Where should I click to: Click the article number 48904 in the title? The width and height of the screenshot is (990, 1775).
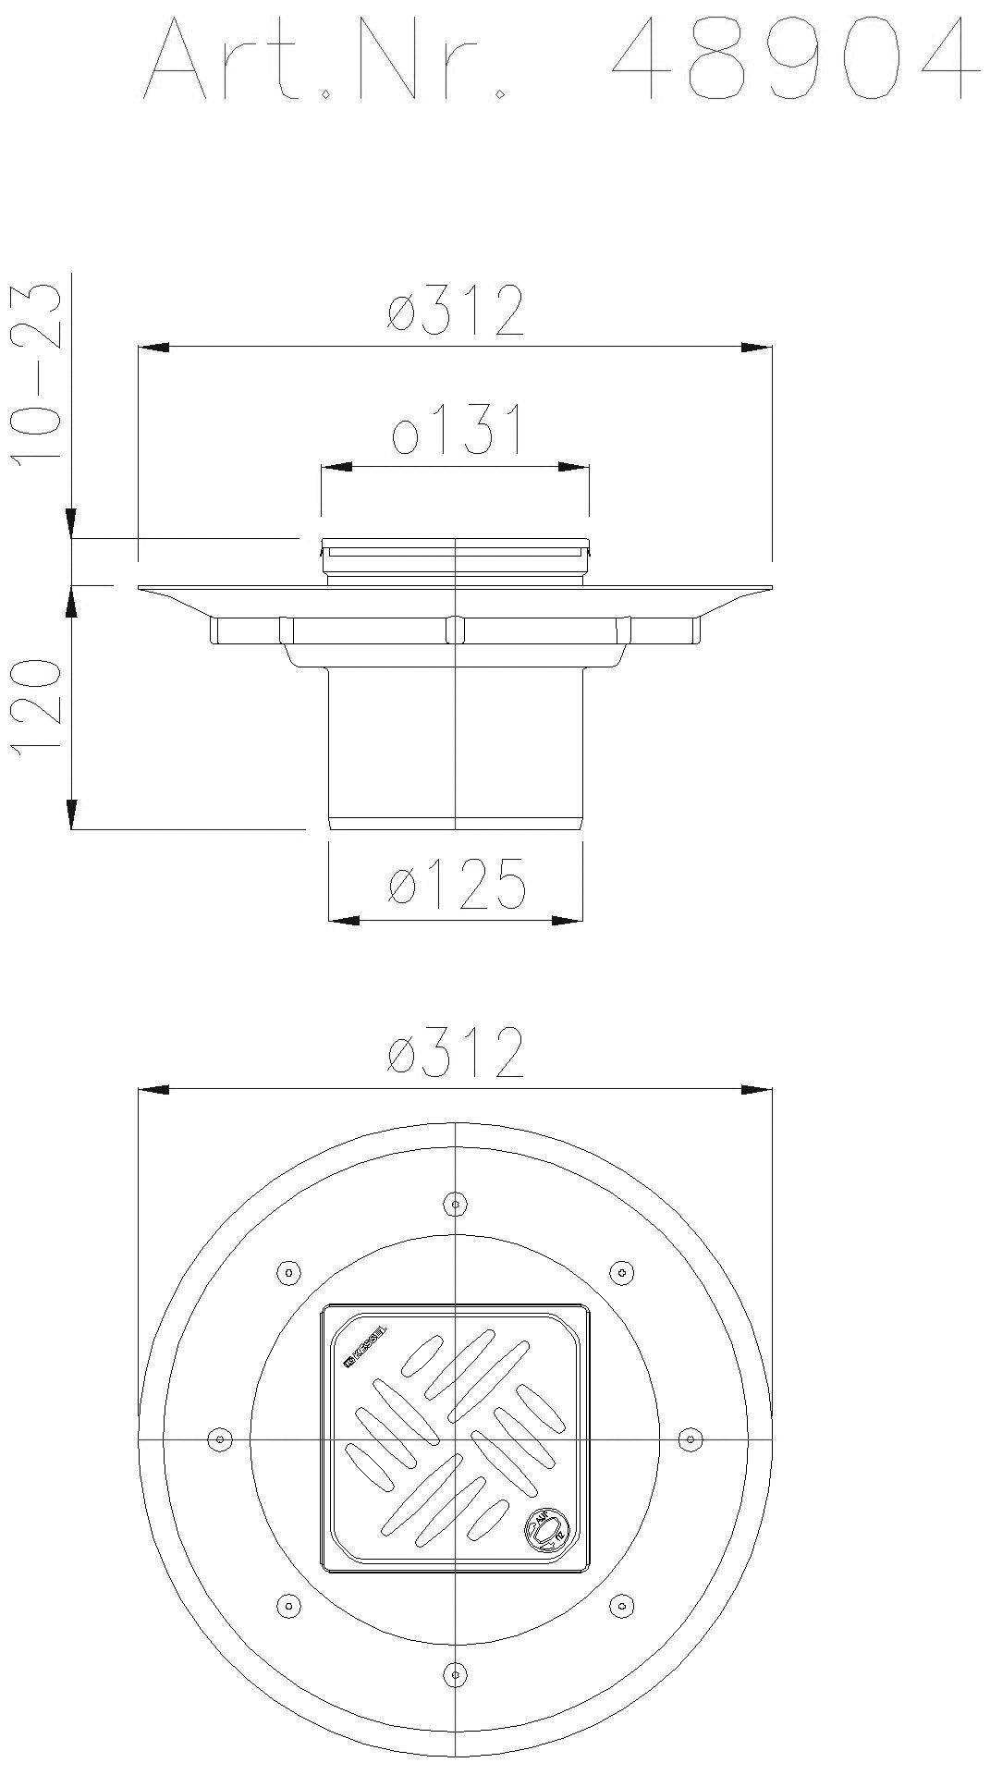[795, 60]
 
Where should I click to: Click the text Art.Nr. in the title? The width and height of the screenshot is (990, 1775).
[324, 60]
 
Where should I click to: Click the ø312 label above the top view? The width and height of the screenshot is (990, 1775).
[456, 1052]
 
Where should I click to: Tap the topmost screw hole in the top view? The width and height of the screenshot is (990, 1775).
[454, 1204]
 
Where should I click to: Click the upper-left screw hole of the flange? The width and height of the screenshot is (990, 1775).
[288, 1273]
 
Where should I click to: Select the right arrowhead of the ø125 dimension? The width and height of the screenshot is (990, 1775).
[568, 920]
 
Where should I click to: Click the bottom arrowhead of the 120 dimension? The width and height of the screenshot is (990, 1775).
[71, 814]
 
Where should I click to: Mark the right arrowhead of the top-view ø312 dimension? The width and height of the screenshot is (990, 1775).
[756, 1090]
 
